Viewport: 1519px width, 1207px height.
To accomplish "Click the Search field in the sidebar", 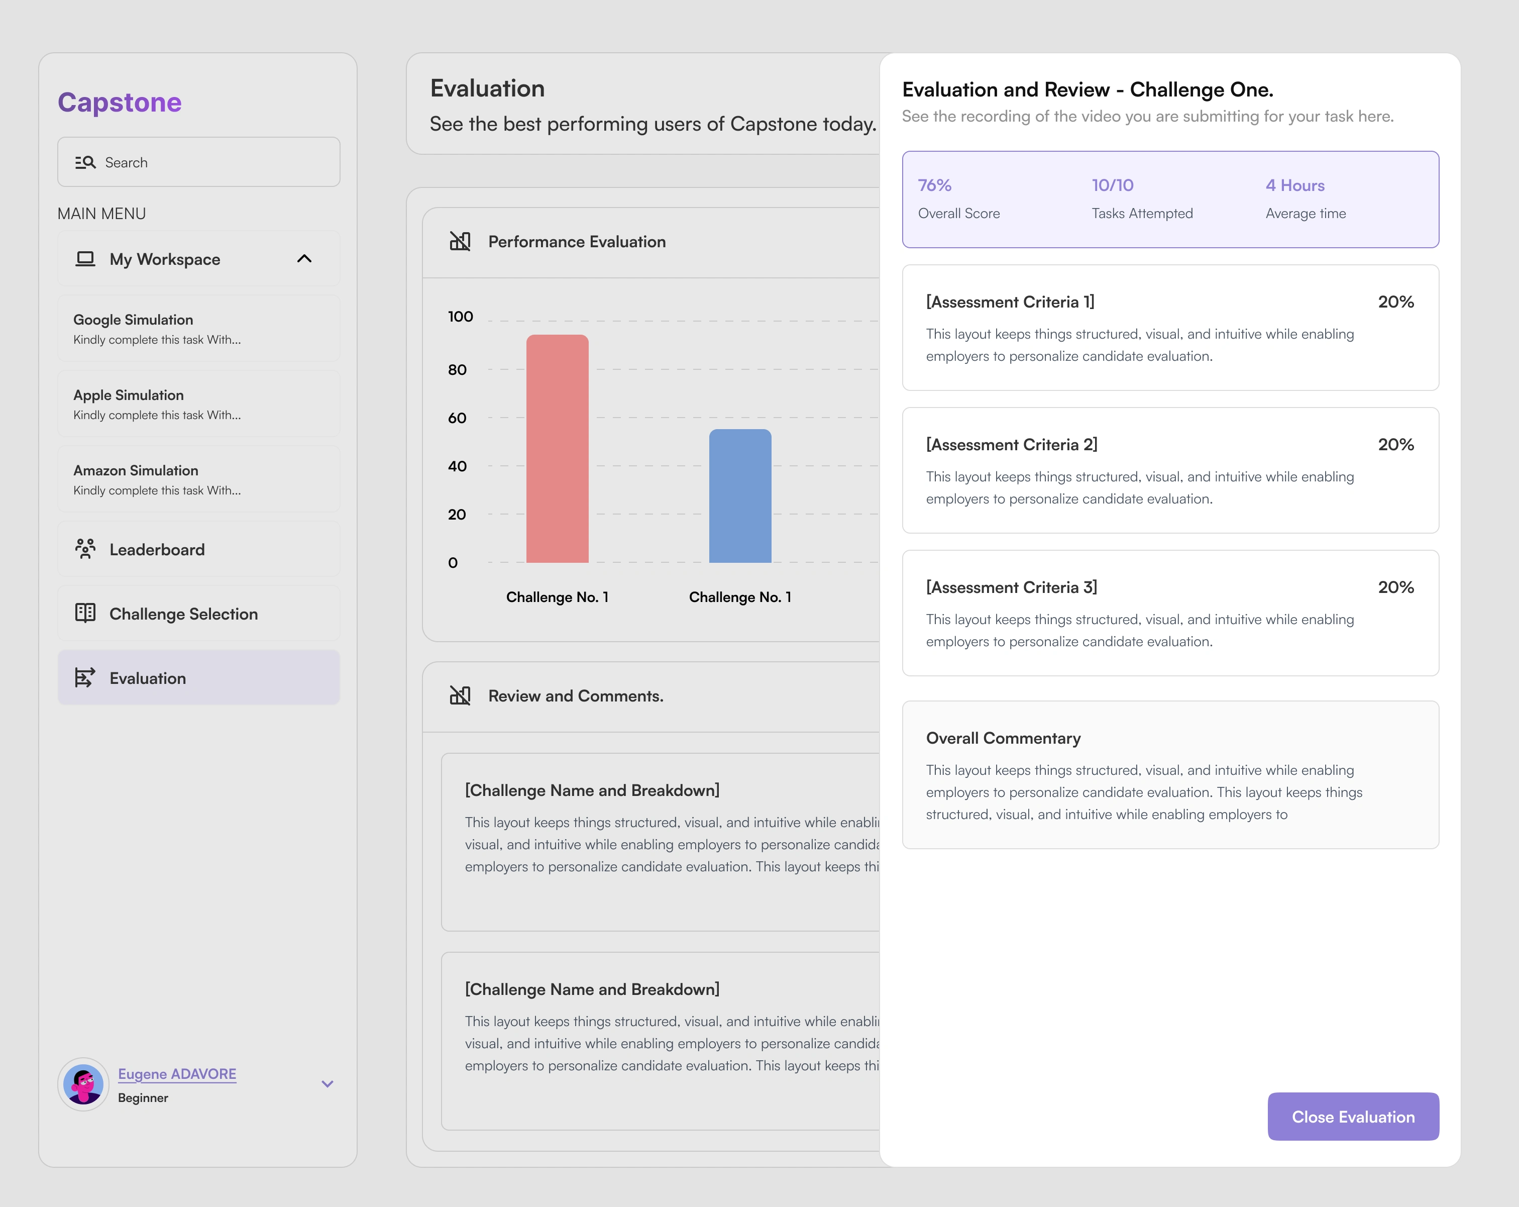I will (199, 162).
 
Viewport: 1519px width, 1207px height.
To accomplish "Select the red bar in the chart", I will (557, 449).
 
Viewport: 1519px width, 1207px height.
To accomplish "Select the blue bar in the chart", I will (740, 496).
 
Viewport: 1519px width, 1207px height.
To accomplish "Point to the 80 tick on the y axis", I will (457, 370).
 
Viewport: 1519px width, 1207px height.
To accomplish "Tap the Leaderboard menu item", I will (156, 550).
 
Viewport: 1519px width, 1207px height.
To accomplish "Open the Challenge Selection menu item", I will (183, 614).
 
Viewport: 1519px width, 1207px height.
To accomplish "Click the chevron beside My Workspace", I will (304, 259).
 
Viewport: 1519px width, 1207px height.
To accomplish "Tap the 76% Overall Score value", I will (934, 185).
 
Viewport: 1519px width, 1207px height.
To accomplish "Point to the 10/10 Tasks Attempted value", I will (1113, 185).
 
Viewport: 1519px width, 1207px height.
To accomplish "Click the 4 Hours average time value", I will (1294, 185).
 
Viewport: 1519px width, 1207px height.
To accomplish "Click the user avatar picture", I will (84, 1084).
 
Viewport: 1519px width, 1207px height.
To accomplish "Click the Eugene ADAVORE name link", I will (177, 1074).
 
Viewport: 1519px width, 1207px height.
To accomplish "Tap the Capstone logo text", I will (120, 102).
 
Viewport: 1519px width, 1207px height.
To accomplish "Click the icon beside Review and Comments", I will (460, 695).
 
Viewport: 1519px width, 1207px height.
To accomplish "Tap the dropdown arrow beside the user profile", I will (327, 1084).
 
